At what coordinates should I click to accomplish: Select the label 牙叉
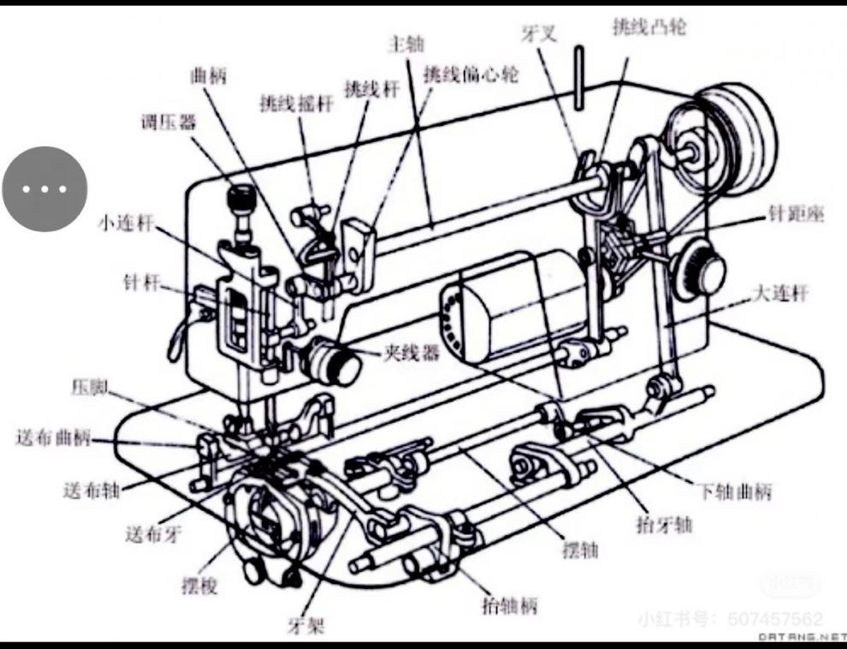[538, 33]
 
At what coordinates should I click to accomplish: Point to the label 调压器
[168, 122]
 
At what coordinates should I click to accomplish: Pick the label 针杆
[140, 282]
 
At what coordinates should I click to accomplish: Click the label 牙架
[306, 626]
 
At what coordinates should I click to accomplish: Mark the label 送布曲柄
[52, 438]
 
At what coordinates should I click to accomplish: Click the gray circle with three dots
[44, 188]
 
